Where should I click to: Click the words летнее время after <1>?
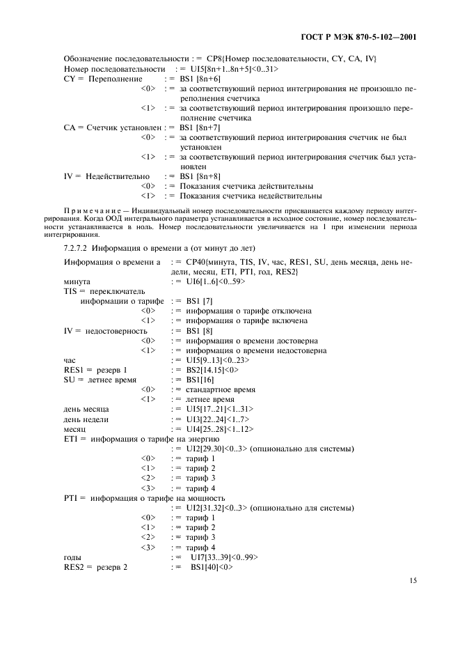(x=202, y=400)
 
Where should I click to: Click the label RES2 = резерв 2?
(x=95, y=568)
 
